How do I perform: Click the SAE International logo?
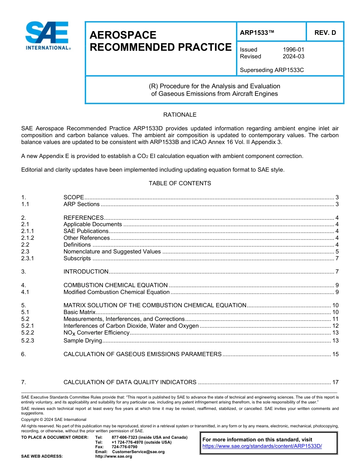click(47, 36)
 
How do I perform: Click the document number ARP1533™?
click(257, 33)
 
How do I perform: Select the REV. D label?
click(325, 33)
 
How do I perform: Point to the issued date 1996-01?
click(293, 50)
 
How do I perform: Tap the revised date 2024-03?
click(293, 56)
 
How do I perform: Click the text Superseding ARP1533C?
click(272, 70)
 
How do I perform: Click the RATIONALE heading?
click(180, 115)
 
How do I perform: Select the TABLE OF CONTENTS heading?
click(180, 183)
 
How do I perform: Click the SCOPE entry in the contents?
click(74, 197)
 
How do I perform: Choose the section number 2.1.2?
click(28, 238)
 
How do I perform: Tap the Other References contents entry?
click(86, 238)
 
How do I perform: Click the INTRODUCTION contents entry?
click(86, 272)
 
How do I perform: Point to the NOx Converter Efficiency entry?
click(96, 333)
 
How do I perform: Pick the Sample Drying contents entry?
click(83, 341)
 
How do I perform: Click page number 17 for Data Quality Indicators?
click(335, 382)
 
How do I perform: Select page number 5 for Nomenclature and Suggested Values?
click(337, 252)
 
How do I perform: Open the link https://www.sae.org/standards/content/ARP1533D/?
click(262, 446)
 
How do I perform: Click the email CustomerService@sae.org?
click(138, 452)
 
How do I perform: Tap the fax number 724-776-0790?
click(125, 447)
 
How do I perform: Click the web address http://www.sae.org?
click(113, 457)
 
